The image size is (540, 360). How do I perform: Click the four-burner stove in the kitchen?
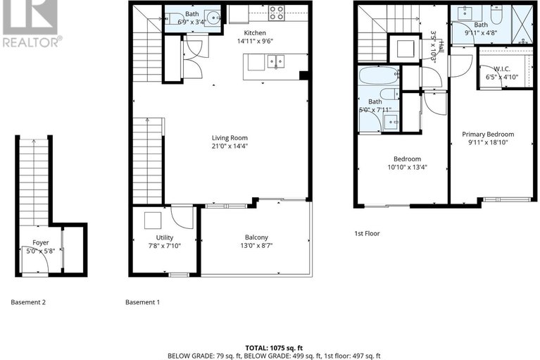(276, 13)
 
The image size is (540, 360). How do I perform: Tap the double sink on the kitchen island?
(275, 63)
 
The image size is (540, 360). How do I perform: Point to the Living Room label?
(230, 138)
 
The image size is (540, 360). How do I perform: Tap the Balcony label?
(256, 237)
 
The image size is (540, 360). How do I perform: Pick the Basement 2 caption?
(28, 302)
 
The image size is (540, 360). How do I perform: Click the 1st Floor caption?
(368, 233)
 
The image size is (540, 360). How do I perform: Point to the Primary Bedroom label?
(488, 134)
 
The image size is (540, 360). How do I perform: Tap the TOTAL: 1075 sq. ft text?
(274, 347)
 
